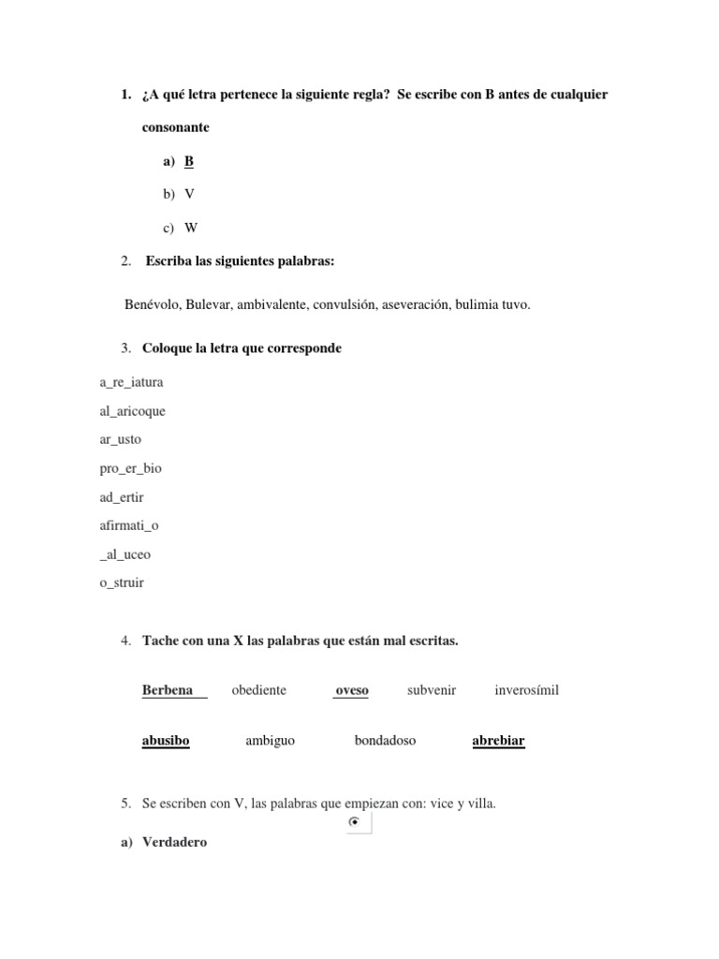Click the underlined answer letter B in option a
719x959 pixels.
coord(189,161)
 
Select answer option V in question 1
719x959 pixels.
coord(189,194)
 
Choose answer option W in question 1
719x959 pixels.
coord(191,228)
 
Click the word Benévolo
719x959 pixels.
coord(152,304)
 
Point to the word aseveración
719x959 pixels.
coord(415,304)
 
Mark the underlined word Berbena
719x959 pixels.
coord(168,690)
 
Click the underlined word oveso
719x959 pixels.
coord(352,690)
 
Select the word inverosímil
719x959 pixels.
coord(526,690)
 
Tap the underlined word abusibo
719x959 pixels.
coord(166,741)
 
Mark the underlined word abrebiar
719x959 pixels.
coord(498,741)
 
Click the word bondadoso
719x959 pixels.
coord(385,741)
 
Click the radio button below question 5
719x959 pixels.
coord(353,822)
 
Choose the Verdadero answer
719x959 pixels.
coord(174,842)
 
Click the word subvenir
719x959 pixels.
coord(432,690)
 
